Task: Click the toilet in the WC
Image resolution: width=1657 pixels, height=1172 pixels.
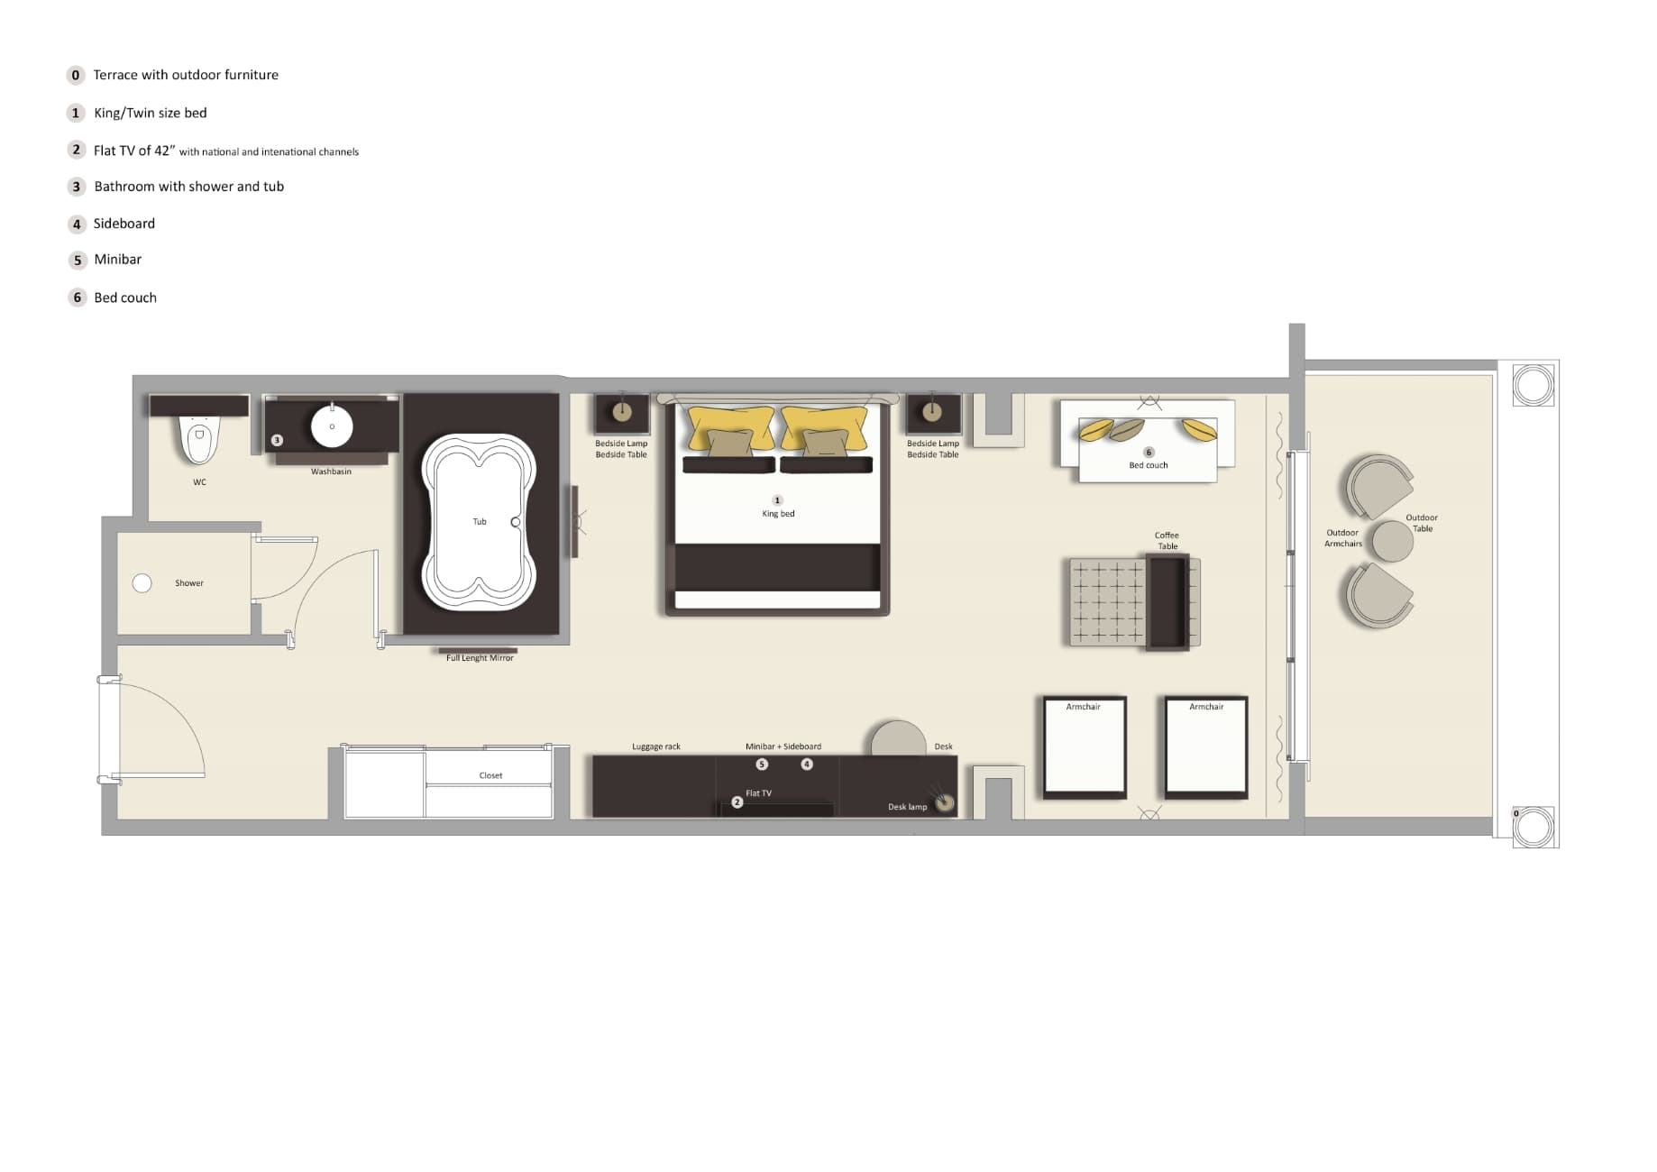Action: [x=199, y=440]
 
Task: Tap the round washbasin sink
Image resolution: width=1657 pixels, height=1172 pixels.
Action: [x=332, y=426]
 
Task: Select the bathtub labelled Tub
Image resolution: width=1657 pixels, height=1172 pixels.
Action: [x=479, y=522]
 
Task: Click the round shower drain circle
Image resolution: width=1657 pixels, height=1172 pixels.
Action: [x=142, y=583]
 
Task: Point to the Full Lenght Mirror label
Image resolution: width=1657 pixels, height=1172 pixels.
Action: [x=480, y=658]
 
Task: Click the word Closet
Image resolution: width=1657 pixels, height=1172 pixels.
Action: [x=490, y=775]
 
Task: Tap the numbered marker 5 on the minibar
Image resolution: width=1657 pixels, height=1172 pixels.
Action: [x=762, y=765]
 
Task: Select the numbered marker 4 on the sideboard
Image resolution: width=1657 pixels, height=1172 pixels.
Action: [x=807, y=765]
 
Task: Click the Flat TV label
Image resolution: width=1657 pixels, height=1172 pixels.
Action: [x=758, y=793]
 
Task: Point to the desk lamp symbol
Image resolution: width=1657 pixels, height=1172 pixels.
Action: [x=944, y=802]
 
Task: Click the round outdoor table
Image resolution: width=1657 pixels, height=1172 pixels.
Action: [x=1392, y=541]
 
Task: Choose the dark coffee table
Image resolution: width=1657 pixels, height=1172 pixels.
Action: [x=1167, y=601]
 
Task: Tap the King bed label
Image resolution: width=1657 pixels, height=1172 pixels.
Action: [x=778, y=514]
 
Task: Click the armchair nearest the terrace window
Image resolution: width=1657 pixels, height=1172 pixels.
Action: [x=1206, y=746]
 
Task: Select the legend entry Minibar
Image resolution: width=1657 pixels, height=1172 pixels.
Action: [x=118, y=260]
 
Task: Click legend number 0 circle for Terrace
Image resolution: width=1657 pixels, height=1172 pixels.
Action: [x=76, y=75]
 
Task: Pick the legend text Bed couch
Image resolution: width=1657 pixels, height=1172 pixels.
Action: [x=125, y=298]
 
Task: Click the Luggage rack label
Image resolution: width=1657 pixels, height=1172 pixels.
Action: [x=655, y=746]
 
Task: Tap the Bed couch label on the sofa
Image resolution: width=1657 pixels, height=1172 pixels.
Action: [x=1148, y=465]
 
